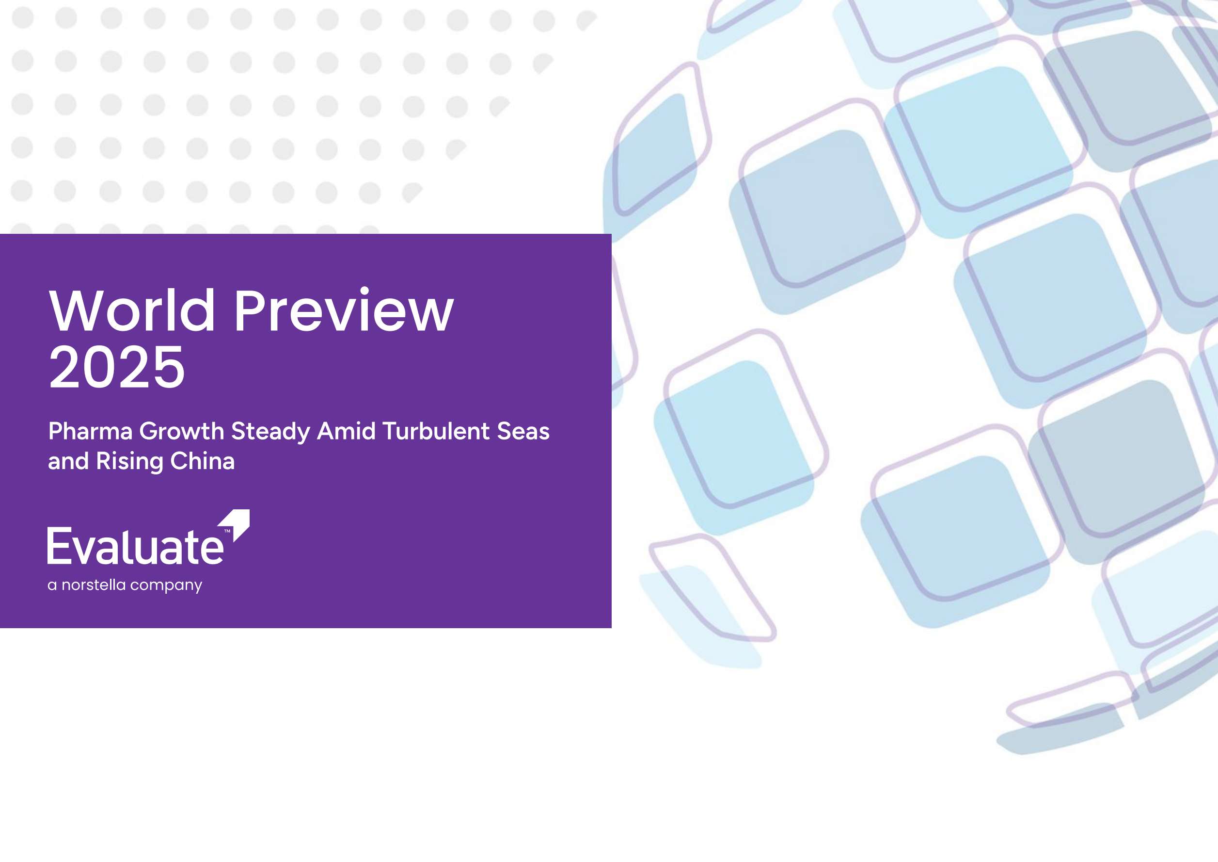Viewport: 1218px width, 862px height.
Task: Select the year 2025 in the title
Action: click(117, 367)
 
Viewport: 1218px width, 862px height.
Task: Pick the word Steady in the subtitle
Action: click(270, 432)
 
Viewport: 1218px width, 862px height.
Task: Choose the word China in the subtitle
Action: click(203, 461)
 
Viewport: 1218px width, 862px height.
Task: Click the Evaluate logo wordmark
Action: click(135, 546)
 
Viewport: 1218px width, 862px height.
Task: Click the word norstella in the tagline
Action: click(94, 585)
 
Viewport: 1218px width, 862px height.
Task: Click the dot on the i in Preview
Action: click(364, 291)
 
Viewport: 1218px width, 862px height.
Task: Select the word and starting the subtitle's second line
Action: click(68, 461)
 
